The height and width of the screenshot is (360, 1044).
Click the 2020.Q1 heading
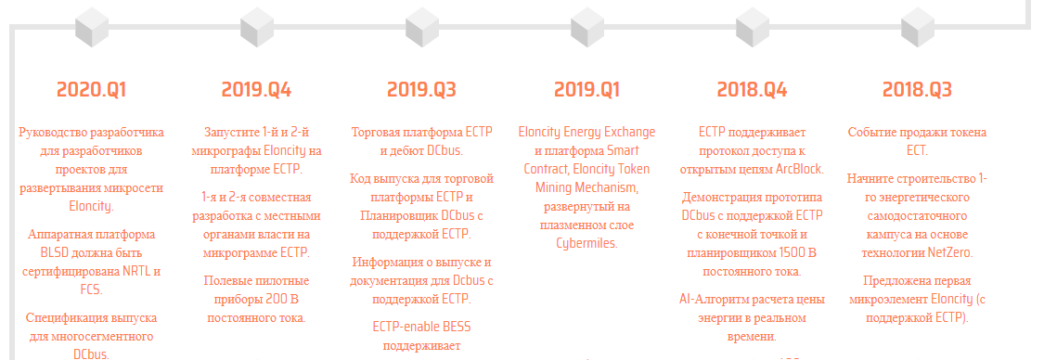point(91,90)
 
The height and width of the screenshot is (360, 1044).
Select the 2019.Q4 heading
point(256,90)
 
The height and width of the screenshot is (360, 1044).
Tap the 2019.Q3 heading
point(421,90)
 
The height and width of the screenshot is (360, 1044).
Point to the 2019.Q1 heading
point(586,90)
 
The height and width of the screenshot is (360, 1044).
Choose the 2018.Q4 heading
point(752,90)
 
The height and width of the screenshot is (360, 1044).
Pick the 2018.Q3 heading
point(917,90)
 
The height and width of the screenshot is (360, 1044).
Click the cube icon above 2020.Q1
point(91,27)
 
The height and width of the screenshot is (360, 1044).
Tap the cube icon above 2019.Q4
point(256,27)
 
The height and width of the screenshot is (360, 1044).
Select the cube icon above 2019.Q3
point(421,27)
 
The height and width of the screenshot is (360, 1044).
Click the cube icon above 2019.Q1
point(586,27)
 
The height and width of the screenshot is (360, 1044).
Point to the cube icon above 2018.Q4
point(752,27)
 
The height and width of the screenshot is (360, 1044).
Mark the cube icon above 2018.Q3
point(917,27)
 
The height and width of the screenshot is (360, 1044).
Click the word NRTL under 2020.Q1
point(137,272)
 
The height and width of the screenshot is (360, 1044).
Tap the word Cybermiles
point(586,243)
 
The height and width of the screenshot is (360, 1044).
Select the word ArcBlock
point(800,169)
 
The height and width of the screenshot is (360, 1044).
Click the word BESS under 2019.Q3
point(456,328)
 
